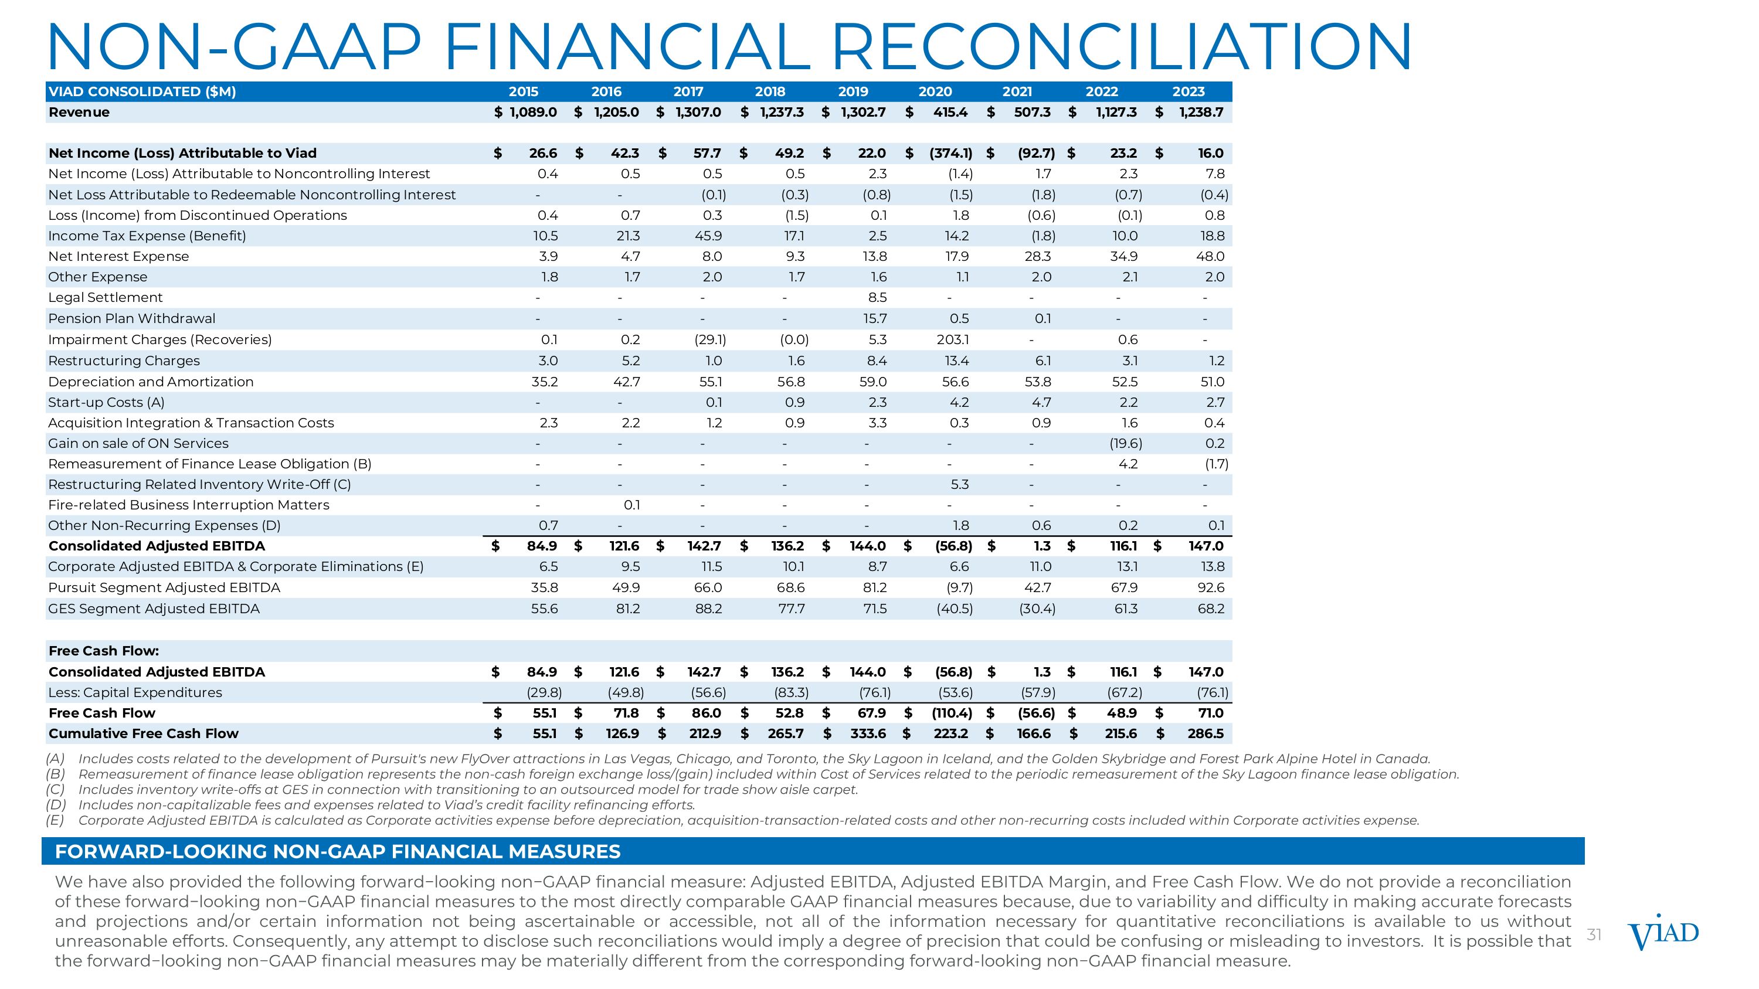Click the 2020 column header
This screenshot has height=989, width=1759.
pyautogui.click(x=935, y=91)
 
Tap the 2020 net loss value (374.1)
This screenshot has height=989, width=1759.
pyautogui.click(x=950, y=153)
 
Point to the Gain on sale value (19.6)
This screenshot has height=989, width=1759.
pyautogui.click(x=1125, y=443)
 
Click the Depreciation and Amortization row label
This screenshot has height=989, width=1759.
pyautogui.click(x=150, y=382)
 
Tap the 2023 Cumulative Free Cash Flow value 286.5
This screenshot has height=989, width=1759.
pyautogui.click(x=1206, y=734)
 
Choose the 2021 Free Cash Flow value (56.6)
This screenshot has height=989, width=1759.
pyautogui.click(x=1036, y=713)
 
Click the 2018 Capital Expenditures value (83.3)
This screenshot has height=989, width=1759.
pyautogui.click(x=791, y=693)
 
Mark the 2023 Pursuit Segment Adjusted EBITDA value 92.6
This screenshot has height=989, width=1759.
pyautogui.click(x=1211, y=587)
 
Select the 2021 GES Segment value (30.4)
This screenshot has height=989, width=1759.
pyautogui.click(x=1037, y=609)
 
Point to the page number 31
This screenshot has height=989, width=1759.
pyautogui.click(x=1594, y=934)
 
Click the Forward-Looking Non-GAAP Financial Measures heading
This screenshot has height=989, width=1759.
pyautogui.click(x=337, y=852)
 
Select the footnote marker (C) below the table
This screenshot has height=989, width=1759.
pyautogui.click(x=55, y=790)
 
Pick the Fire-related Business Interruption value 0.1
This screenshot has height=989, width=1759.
pyautogui.click(x=631, y=505)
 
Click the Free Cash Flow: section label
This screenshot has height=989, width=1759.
pyautogui.click(x=104, y=651)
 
